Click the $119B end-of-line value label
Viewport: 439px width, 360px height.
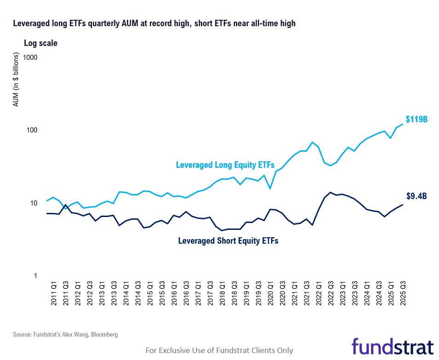[x=416, y=120]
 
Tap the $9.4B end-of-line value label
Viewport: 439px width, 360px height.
[x=416, y=196]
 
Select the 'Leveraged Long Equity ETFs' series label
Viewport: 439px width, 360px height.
[x=225, y=165]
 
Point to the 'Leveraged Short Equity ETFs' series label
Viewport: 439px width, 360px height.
[x=228, y=240]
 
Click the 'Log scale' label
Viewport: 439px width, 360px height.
[x=40, y=43]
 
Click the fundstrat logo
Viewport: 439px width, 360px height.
[x=393, y=346]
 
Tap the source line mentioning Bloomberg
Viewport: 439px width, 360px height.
[x=65, y=335]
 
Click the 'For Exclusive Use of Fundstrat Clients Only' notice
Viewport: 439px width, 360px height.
[x=219, y=350]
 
